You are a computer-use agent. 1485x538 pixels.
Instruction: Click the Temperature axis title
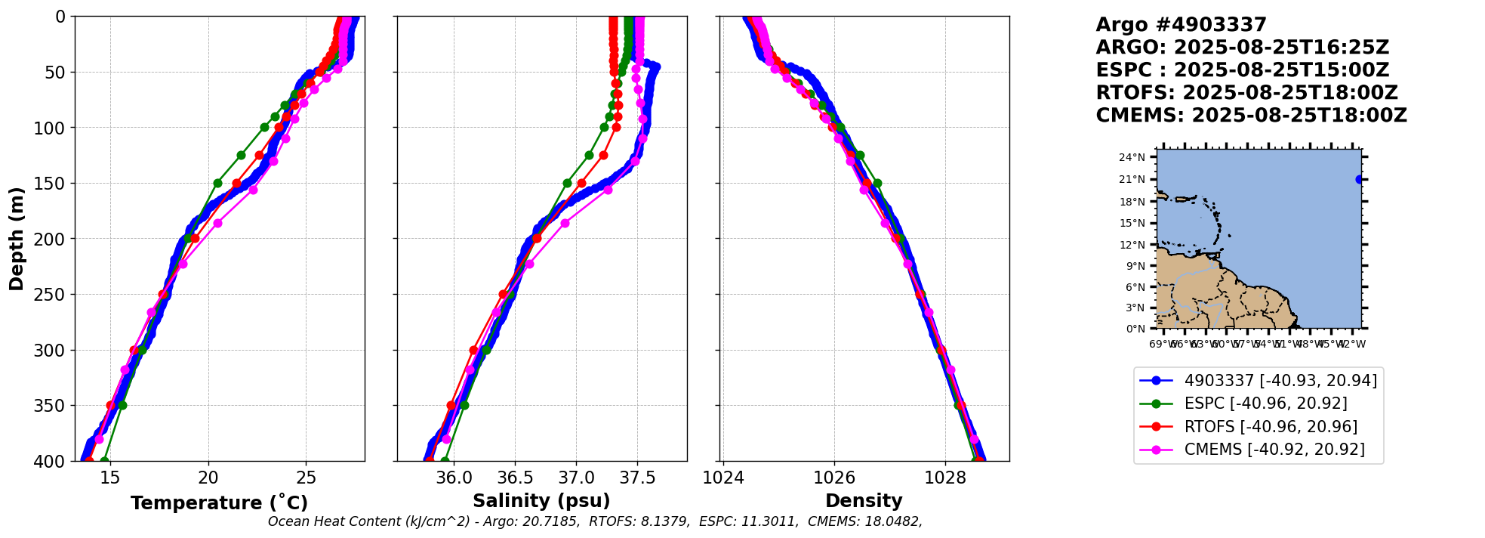[219, 503]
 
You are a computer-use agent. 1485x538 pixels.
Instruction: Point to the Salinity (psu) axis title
[541, 501]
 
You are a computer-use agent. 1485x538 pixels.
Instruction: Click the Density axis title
[864, 501]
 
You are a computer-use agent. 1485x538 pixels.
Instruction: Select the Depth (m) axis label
[17, 239]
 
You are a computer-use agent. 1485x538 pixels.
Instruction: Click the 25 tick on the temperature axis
[306, 478]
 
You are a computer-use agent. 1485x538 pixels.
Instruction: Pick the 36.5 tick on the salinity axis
[515, 478]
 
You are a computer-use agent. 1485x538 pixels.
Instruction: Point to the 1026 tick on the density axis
[834, 478]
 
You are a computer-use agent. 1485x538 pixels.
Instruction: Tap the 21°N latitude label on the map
[1132, 180]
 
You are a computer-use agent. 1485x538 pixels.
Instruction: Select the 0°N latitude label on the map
[1135, 329]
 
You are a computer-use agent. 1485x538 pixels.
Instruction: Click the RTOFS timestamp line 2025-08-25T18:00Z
[1247, 93]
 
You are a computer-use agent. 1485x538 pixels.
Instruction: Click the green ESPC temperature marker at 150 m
[217, 183]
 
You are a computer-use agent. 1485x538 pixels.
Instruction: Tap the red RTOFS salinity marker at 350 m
[451, 406]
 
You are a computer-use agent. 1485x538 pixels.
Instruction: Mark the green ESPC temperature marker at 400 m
[104, 461]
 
